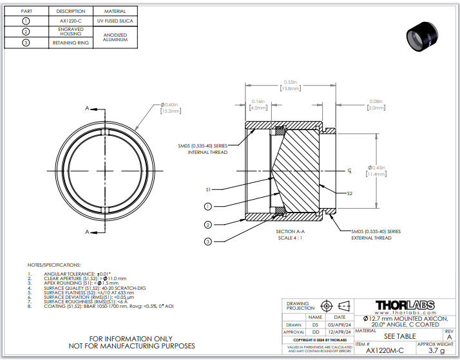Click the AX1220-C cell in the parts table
pos(70,21)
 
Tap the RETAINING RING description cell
pos(70,43)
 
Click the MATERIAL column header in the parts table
pos(111,11)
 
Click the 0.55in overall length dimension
pos(290,82)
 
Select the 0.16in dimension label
pos(258,102)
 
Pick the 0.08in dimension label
pos(375,102)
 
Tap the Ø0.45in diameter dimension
pos(376,169)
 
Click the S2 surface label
pos(349,193)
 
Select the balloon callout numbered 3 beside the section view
pos(208,242)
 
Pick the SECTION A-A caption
pos(290,231)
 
